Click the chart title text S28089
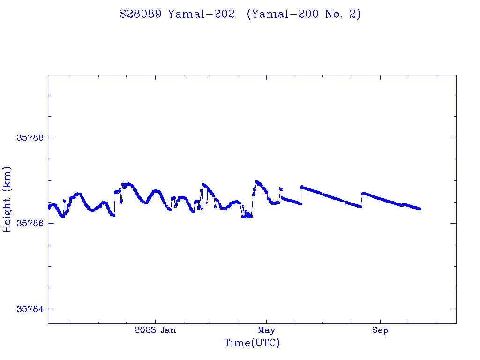coord(141,15)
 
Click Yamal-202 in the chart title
coord(202,15)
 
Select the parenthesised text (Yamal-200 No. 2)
coord(304,15)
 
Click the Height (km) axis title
coord(7,199)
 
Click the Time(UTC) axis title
coord(252,343)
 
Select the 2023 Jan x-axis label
coord(155,330)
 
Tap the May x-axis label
coord(266,330)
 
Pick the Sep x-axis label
coord(380,330)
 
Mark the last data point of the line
coord(420,209)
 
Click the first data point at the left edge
coord(49,207)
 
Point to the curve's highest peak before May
coord(256,181)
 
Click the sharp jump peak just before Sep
coord(362,193)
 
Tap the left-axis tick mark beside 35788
coord(51,138)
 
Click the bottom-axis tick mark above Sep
coord(380,321)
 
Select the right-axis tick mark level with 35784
coord(453,309)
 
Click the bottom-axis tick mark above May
coord(266,321)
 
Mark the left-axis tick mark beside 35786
coord(51,223)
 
